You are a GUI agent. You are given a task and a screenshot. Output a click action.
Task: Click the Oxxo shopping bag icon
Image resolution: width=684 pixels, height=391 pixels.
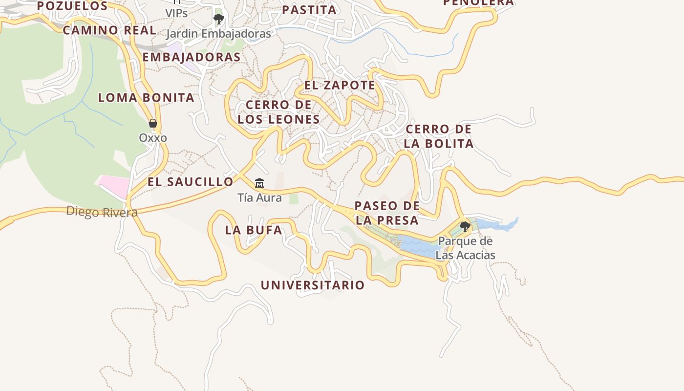[x=153, y=123]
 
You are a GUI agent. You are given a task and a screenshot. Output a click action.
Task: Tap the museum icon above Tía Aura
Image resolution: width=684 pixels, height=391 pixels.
[x=259, y=183]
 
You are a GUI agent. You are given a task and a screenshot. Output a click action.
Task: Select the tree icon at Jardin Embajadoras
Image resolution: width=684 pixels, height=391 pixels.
[x=218, y=19]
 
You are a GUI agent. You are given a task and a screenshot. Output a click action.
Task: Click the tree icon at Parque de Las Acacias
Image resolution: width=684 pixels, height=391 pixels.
[x=465, y=226]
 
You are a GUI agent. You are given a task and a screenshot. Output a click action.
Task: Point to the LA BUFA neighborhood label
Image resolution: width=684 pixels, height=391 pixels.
[x=254, y=230]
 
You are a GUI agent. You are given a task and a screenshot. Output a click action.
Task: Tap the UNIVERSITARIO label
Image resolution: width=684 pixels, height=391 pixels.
[x=313, y=285]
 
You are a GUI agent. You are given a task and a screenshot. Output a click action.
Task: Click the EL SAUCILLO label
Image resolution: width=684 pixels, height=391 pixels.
[x=191, y=182]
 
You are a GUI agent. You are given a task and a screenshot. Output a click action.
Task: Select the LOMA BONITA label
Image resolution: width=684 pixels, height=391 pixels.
[x=146, y=98]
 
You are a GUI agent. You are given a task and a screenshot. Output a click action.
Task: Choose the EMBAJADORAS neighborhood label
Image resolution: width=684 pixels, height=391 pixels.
[x=192, y=57]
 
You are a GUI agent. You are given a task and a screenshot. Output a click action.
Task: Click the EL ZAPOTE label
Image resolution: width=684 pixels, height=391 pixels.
[x=340, y=85]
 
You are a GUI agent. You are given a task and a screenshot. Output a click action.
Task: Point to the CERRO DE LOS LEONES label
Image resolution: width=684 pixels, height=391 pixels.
[x=278, y=112]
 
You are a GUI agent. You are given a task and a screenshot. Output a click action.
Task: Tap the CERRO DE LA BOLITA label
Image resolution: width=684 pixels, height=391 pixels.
[x=439, y=136]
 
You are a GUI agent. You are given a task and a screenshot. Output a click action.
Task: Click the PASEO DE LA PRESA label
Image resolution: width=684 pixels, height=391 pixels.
[x=386, y=213]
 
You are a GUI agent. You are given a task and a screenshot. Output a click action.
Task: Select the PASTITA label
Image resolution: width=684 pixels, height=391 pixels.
[x=309, y=10]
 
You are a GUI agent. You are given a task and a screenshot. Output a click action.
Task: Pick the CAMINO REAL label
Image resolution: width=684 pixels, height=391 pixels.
[x=109, y=30]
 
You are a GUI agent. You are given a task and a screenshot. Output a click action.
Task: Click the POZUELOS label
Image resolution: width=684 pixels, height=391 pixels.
[x=72, y=6]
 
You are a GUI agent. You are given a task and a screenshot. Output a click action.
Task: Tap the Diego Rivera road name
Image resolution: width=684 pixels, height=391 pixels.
[x=102, y=212]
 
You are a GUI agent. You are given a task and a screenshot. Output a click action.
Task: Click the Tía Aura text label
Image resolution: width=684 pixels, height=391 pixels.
[x=259, y=198]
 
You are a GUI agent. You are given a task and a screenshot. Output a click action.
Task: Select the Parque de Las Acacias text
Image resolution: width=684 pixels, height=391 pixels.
[x=465, y=248]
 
